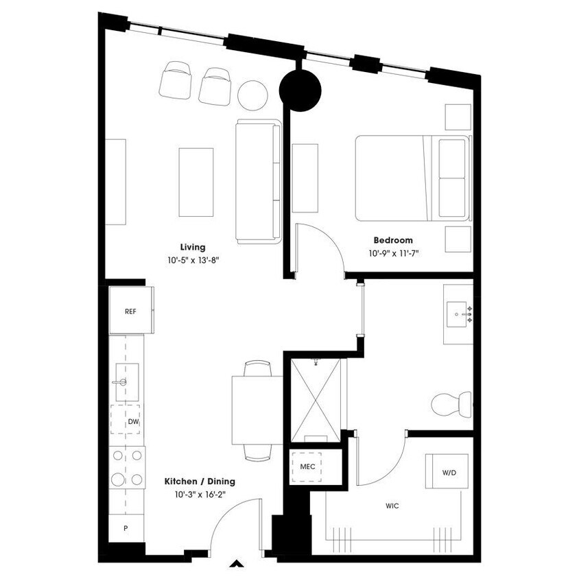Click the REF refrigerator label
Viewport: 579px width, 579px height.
click(130, 311)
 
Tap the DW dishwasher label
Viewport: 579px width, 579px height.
click(133, 422)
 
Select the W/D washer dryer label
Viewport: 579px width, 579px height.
click(449, 473)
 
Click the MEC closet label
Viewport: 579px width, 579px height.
click(307, 466)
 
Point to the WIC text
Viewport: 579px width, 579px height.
click(392, 506)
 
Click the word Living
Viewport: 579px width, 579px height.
click(193, 247)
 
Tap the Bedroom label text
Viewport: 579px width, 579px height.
click(393, 240)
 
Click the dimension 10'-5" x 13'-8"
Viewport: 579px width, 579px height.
click(193, 260)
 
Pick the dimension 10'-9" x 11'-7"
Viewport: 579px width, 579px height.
click(393, 253)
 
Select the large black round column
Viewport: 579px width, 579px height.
click(300, 89)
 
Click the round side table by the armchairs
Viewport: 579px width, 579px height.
click(252, 95)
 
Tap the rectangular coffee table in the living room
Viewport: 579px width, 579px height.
click(196, 182)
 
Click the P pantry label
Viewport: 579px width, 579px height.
click(126, 528)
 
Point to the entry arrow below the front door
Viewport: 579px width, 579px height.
click(236, 565)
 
